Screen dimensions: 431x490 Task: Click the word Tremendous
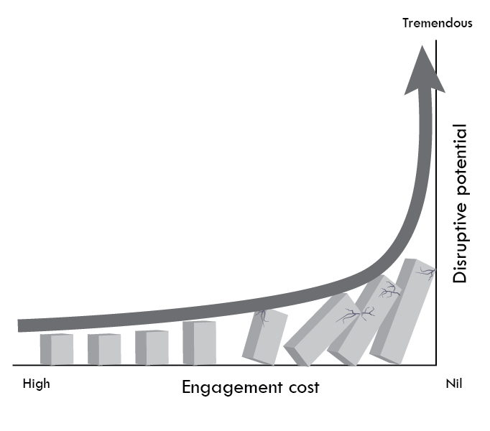[437, 23]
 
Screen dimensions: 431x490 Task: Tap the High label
[37, 384]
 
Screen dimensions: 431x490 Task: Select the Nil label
[454, 384]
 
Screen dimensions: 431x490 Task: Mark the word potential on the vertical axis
[460, 159]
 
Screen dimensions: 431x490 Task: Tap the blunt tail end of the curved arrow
[22, 325]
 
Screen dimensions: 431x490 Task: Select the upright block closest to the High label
[56, 349]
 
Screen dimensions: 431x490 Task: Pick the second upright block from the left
[104, 349]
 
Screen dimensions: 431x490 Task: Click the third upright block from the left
[152, 348]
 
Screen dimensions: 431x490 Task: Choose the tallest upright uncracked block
[199, 343]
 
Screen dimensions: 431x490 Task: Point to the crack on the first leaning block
[262, 317]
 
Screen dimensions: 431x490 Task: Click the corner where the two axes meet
[436, 365]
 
